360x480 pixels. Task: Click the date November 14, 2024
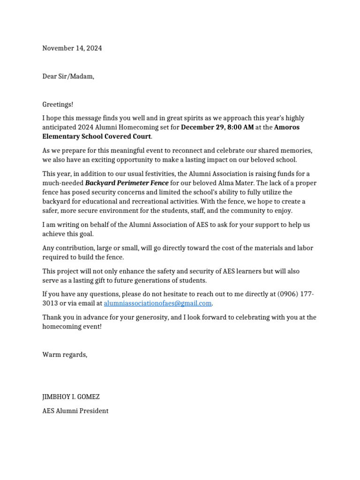(72, 48)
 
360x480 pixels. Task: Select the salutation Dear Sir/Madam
(68, 76)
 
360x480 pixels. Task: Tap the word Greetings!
(58, 105)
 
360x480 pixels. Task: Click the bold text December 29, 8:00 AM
(217, 127)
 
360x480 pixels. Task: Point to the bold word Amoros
(287, 127)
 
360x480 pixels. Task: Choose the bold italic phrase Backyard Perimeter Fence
(127, 183)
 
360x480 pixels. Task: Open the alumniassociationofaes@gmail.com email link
(158, 303)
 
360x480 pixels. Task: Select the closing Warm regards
(65, 355)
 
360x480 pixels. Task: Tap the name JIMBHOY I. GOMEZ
(71, 397)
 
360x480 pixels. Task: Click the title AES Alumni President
(75, 411)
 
